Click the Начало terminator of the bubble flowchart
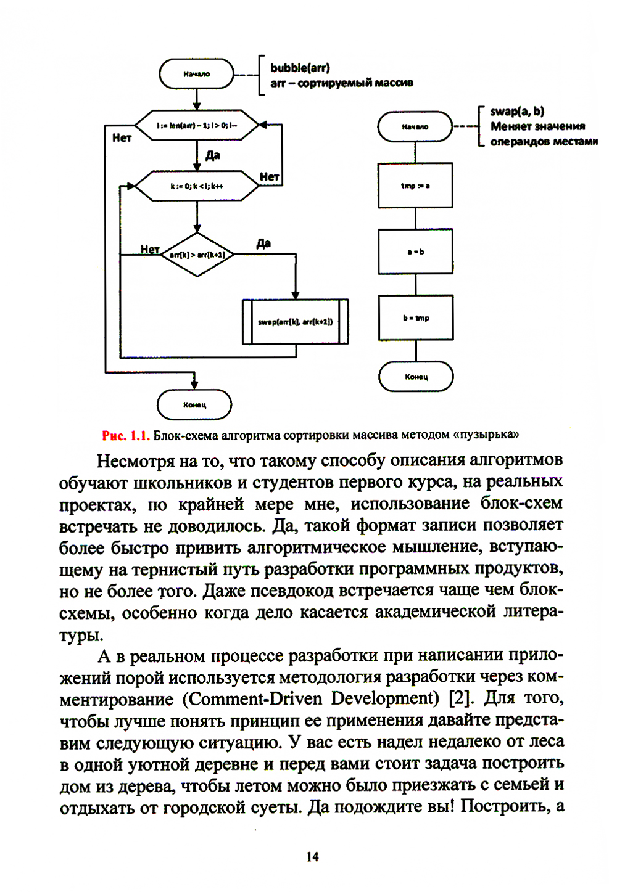[x=196, y=74]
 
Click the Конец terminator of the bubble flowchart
[x=194, y=405]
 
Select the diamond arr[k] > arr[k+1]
[x=197, y=255]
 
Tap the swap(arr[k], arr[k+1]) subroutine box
[x=296, y=322]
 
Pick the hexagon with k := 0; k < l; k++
[x=197, y=186]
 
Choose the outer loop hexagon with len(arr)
[x=197, y=126]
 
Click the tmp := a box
[x=415, y=186]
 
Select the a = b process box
[x=415, y=252]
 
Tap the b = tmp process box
[x=415, y=318]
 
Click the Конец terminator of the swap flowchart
[x=416, y=377]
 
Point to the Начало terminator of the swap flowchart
[x=415, y=127]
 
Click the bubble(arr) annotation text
[x=300, y=68]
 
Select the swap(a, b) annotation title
[x=517, y=112]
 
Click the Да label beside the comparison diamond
[x=263, y=243]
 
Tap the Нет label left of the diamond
[x=149, y=249]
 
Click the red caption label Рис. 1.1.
[x=125, y=436]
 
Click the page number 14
[x=312, y=857]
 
